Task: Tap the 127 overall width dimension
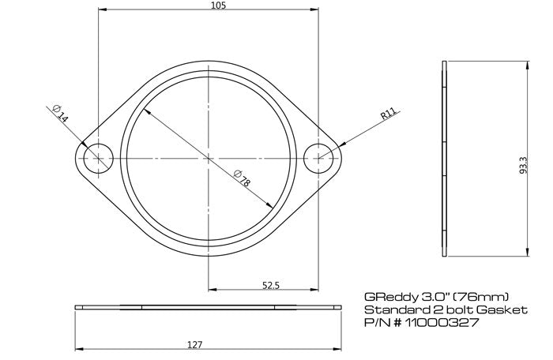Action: [x=196, y=344]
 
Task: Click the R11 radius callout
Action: [x=388, y=115]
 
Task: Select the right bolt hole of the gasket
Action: [x=320, y=158]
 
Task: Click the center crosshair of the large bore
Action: [x=209, y=158]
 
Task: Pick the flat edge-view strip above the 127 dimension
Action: [x=209, y=306]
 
